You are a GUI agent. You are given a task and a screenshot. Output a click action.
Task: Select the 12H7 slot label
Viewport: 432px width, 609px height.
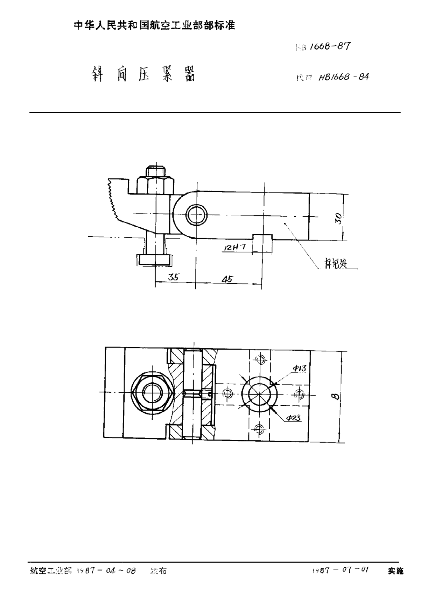(x=234, y=247)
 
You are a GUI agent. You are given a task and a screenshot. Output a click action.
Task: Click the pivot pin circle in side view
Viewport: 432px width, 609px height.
(x=196, y=215)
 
